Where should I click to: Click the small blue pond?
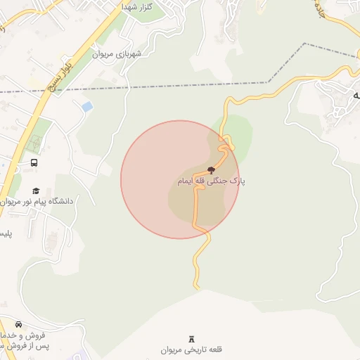pyautogui.click(x=87, y=107)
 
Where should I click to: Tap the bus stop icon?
pyautogui.click(x=34, y=163)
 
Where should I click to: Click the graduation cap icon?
pyautogui.click(x=36, y=191)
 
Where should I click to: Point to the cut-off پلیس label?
pyautogui.click(x=6, y=233)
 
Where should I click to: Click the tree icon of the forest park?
pyautogui.click(x=211, y=169)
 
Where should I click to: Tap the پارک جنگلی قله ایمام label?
pyautogui.click(x=211, y=181)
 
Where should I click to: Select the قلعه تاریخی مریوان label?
pyautogui.click(x=191, y=349)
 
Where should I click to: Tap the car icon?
pyautogui.click(x=18, y=324)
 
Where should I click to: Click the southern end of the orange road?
pyautogui.click(x=197, y=287)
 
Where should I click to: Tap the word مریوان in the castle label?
pyautogui.click(x=172, y=349)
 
